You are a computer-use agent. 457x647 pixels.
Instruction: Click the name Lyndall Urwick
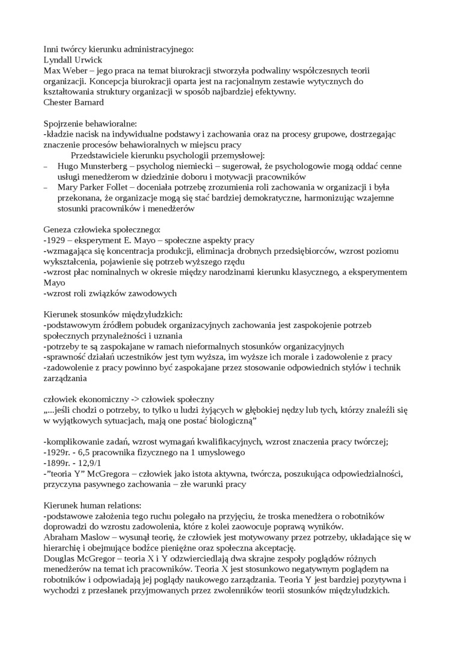73,60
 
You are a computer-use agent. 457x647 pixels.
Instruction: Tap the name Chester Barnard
74,102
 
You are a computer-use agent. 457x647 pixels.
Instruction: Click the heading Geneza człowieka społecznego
102,229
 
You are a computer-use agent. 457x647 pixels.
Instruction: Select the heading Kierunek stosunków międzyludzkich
113,314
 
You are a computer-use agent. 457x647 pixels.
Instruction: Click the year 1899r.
59,463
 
